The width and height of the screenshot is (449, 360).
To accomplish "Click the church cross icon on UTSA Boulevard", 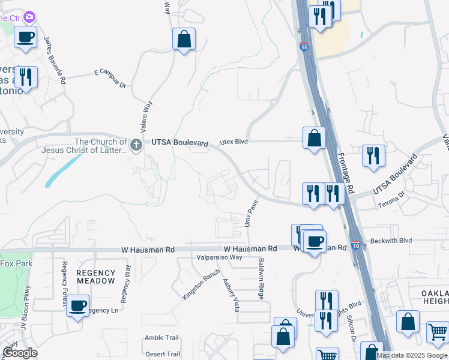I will tap(137, 144).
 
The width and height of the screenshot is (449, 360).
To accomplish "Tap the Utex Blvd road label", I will tap(234, 142).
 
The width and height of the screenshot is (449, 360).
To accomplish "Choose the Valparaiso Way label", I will tap(219, 257).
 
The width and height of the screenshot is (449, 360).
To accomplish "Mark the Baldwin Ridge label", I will tap(261, 280).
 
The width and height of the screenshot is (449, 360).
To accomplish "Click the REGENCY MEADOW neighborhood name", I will tap(95, 277).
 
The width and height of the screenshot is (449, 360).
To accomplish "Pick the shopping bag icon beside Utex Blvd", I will tap(314, 139).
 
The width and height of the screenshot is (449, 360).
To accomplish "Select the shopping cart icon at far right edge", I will tap(438, 332).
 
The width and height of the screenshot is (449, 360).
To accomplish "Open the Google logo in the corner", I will tap(20, 353).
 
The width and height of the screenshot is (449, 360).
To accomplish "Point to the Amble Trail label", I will tap(162, 338).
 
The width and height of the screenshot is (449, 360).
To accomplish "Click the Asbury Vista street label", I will tap(231, 295).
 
